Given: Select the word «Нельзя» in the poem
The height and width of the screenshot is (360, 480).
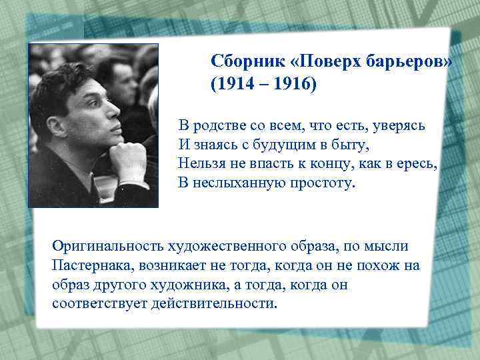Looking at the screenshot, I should [203, 163].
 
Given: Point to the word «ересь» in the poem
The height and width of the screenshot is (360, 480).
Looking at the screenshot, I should [417, 163].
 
